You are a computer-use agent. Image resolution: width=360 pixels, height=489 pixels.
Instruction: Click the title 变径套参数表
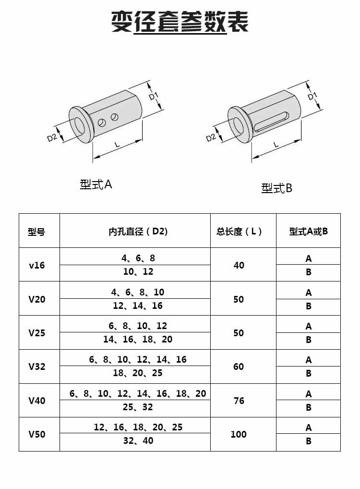pyautogui.click(x=180, y=22)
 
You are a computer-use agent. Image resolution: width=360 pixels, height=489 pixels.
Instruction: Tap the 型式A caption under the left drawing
pyautogui.click(x=96, y=184)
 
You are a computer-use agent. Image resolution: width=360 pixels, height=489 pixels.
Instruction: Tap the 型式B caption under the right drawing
pyautogui.click(x=277, y=188)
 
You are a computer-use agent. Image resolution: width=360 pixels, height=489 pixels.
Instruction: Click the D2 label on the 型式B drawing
pyautogui.click(x=211, y=137)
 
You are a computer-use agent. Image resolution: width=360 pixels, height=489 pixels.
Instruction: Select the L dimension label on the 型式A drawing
pyautogui.click(x=117, y=144)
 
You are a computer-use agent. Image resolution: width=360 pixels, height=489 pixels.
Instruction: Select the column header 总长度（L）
pyautogui.click(x=239, y=232)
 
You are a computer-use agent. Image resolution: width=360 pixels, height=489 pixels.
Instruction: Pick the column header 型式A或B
pyautogui.click(x=308, y=232)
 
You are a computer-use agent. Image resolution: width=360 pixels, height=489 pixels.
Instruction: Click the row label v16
pyautogui.click(x=37, y=265)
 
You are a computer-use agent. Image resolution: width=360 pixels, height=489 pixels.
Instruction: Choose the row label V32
pyautogui.click(x=37, y=367)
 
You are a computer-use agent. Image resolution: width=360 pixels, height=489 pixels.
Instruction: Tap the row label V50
pyautogui.click(x=37, y=434)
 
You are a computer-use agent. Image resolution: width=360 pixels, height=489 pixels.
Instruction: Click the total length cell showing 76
pyautogui.click(x=239, y=401)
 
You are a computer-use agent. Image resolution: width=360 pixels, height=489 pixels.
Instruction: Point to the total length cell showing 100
pyautogui.click(x=239, y=434)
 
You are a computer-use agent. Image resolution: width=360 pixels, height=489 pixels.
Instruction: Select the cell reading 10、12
pyautogui.click(x=138, y=272)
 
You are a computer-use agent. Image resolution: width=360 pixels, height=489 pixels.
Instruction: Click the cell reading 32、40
pyautogui.click(x=138, y=441)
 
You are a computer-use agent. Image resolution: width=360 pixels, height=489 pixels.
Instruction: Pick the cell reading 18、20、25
pyautogui.click(x=138, y=373)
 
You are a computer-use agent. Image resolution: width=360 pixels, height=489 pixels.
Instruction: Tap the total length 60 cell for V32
pyautogui.click(x=239, y=367)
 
